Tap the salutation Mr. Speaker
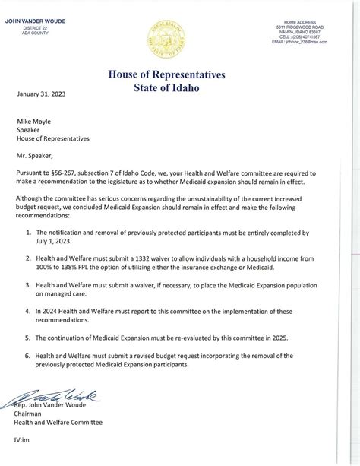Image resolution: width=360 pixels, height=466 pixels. [x=42, y=157]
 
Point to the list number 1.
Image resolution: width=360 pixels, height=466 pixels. [x=29, y=231]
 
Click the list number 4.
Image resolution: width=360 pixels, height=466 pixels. [x=29, y=310]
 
